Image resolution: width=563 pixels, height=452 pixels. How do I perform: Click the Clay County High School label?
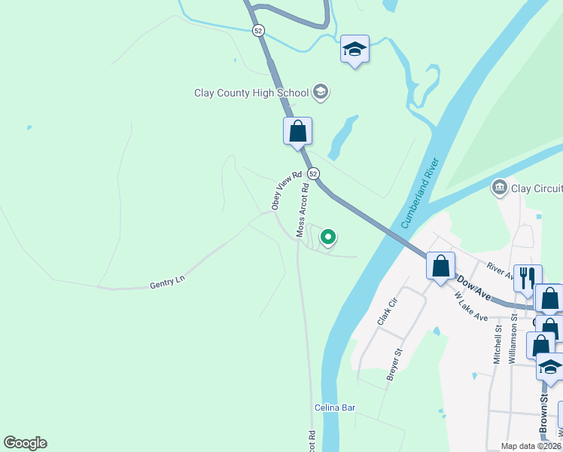pyautogui.click(x=251, y=93)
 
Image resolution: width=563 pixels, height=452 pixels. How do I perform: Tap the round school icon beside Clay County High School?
pyautogui.click(x=321, y=92)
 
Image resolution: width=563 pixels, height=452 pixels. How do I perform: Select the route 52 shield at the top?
pyautogui.click(x=258, y=30)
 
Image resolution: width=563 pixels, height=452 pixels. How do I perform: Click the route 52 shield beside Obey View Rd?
pyautogui.click(x=314, y=173)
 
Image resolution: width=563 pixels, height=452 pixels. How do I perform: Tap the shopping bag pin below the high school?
pyautogui.click(x=297, y=131)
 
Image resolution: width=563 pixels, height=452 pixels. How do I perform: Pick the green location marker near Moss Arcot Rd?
pyautogui.click(x=328, y=237)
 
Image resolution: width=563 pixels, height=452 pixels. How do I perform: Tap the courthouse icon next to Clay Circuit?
pyautogui.click(x=498, y=187)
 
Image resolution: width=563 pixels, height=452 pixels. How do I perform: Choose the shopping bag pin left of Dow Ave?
pyautogui.click(x=440, y=266)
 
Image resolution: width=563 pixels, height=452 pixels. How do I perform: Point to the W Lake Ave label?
pyautogui.click(x=472, y=307)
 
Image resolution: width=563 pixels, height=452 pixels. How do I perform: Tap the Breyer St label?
pyautogui.click(x=394, y=364)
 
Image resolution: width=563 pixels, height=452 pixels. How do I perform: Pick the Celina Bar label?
pyautogui.click(x=335, y=408)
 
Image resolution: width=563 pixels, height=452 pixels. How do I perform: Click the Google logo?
pyautogui.click(x=25, y=443)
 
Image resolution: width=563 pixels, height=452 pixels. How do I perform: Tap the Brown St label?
pyautogui.click(x=543, y=414)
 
